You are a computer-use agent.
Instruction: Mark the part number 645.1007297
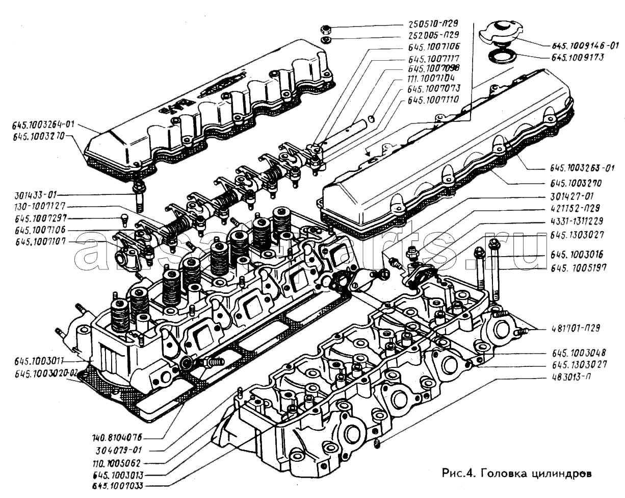pos(37,219)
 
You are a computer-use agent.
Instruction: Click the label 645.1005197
pos(579,267)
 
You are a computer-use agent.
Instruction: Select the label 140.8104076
pos(118,438)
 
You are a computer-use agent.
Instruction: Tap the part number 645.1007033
pos(118,486)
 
